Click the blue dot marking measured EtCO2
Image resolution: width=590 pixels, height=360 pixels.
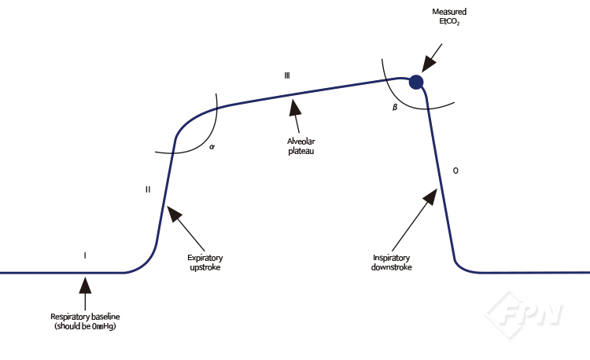click(x=416, y=82)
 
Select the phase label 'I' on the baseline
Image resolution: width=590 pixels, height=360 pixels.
click(x=84, y=255)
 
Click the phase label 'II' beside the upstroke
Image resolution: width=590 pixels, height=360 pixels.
click(x=148, y=189)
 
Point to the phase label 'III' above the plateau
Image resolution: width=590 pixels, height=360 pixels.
click(x=288, y=75)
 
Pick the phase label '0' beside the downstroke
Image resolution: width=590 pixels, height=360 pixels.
click(x=455, y=171)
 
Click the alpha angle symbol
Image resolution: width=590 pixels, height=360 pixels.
click(x=212, y=146)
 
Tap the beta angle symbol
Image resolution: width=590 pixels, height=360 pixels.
click(x=395, y=107)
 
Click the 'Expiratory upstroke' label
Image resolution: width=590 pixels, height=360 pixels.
click(x=205, y=262)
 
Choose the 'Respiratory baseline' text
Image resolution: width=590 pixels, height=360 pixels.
click(x=85, y=317)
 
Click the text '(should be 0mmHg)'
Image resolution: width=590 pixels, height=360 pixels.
click(x=85, y=325)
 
